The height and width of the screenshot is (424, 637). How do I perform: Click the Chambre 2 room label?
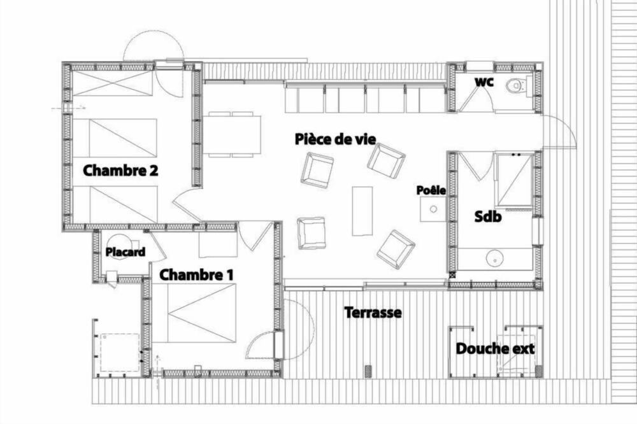[120, 170]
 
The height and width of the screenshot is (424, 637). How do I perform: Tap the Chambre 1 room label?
[196, 275]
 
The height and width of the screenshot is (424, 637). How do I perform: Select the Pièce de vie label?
[335, 139]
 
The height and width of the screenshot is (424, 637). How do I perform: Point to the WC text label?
[484, 82]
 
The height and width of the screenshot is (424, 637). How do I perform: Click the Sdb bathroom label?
[488, 216]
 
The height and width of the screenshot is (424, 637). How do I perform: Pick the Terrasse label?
[373, 313]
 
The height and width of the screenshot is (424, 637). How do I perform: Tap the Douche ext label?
[495, 348]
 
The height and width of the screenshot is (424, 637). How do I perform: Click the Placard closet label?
[125, 252]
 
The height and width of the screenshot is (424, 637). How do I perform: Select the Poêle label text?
[431, 190]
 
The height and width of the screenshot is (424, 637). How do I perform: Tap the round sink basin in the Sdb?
[495, 257]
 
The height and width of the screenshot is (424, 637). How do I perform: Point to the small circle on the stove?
[433, 209]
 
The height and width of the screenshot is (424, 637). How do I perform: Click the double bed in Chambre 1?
[194, 313]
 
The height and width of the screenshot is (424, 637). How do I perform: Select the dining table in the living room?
[232, 134]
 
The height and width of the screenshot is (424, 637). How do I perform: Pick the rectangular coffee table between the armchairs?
[362, 211]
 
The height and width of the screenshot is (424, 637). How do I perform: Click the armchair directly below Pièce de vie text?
[317, 170]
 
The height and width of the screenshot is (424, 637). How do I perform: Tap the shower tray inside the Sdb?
[514, 180]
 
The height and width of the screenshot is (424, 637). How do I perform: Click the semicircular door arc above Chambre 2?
[154, 42]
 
